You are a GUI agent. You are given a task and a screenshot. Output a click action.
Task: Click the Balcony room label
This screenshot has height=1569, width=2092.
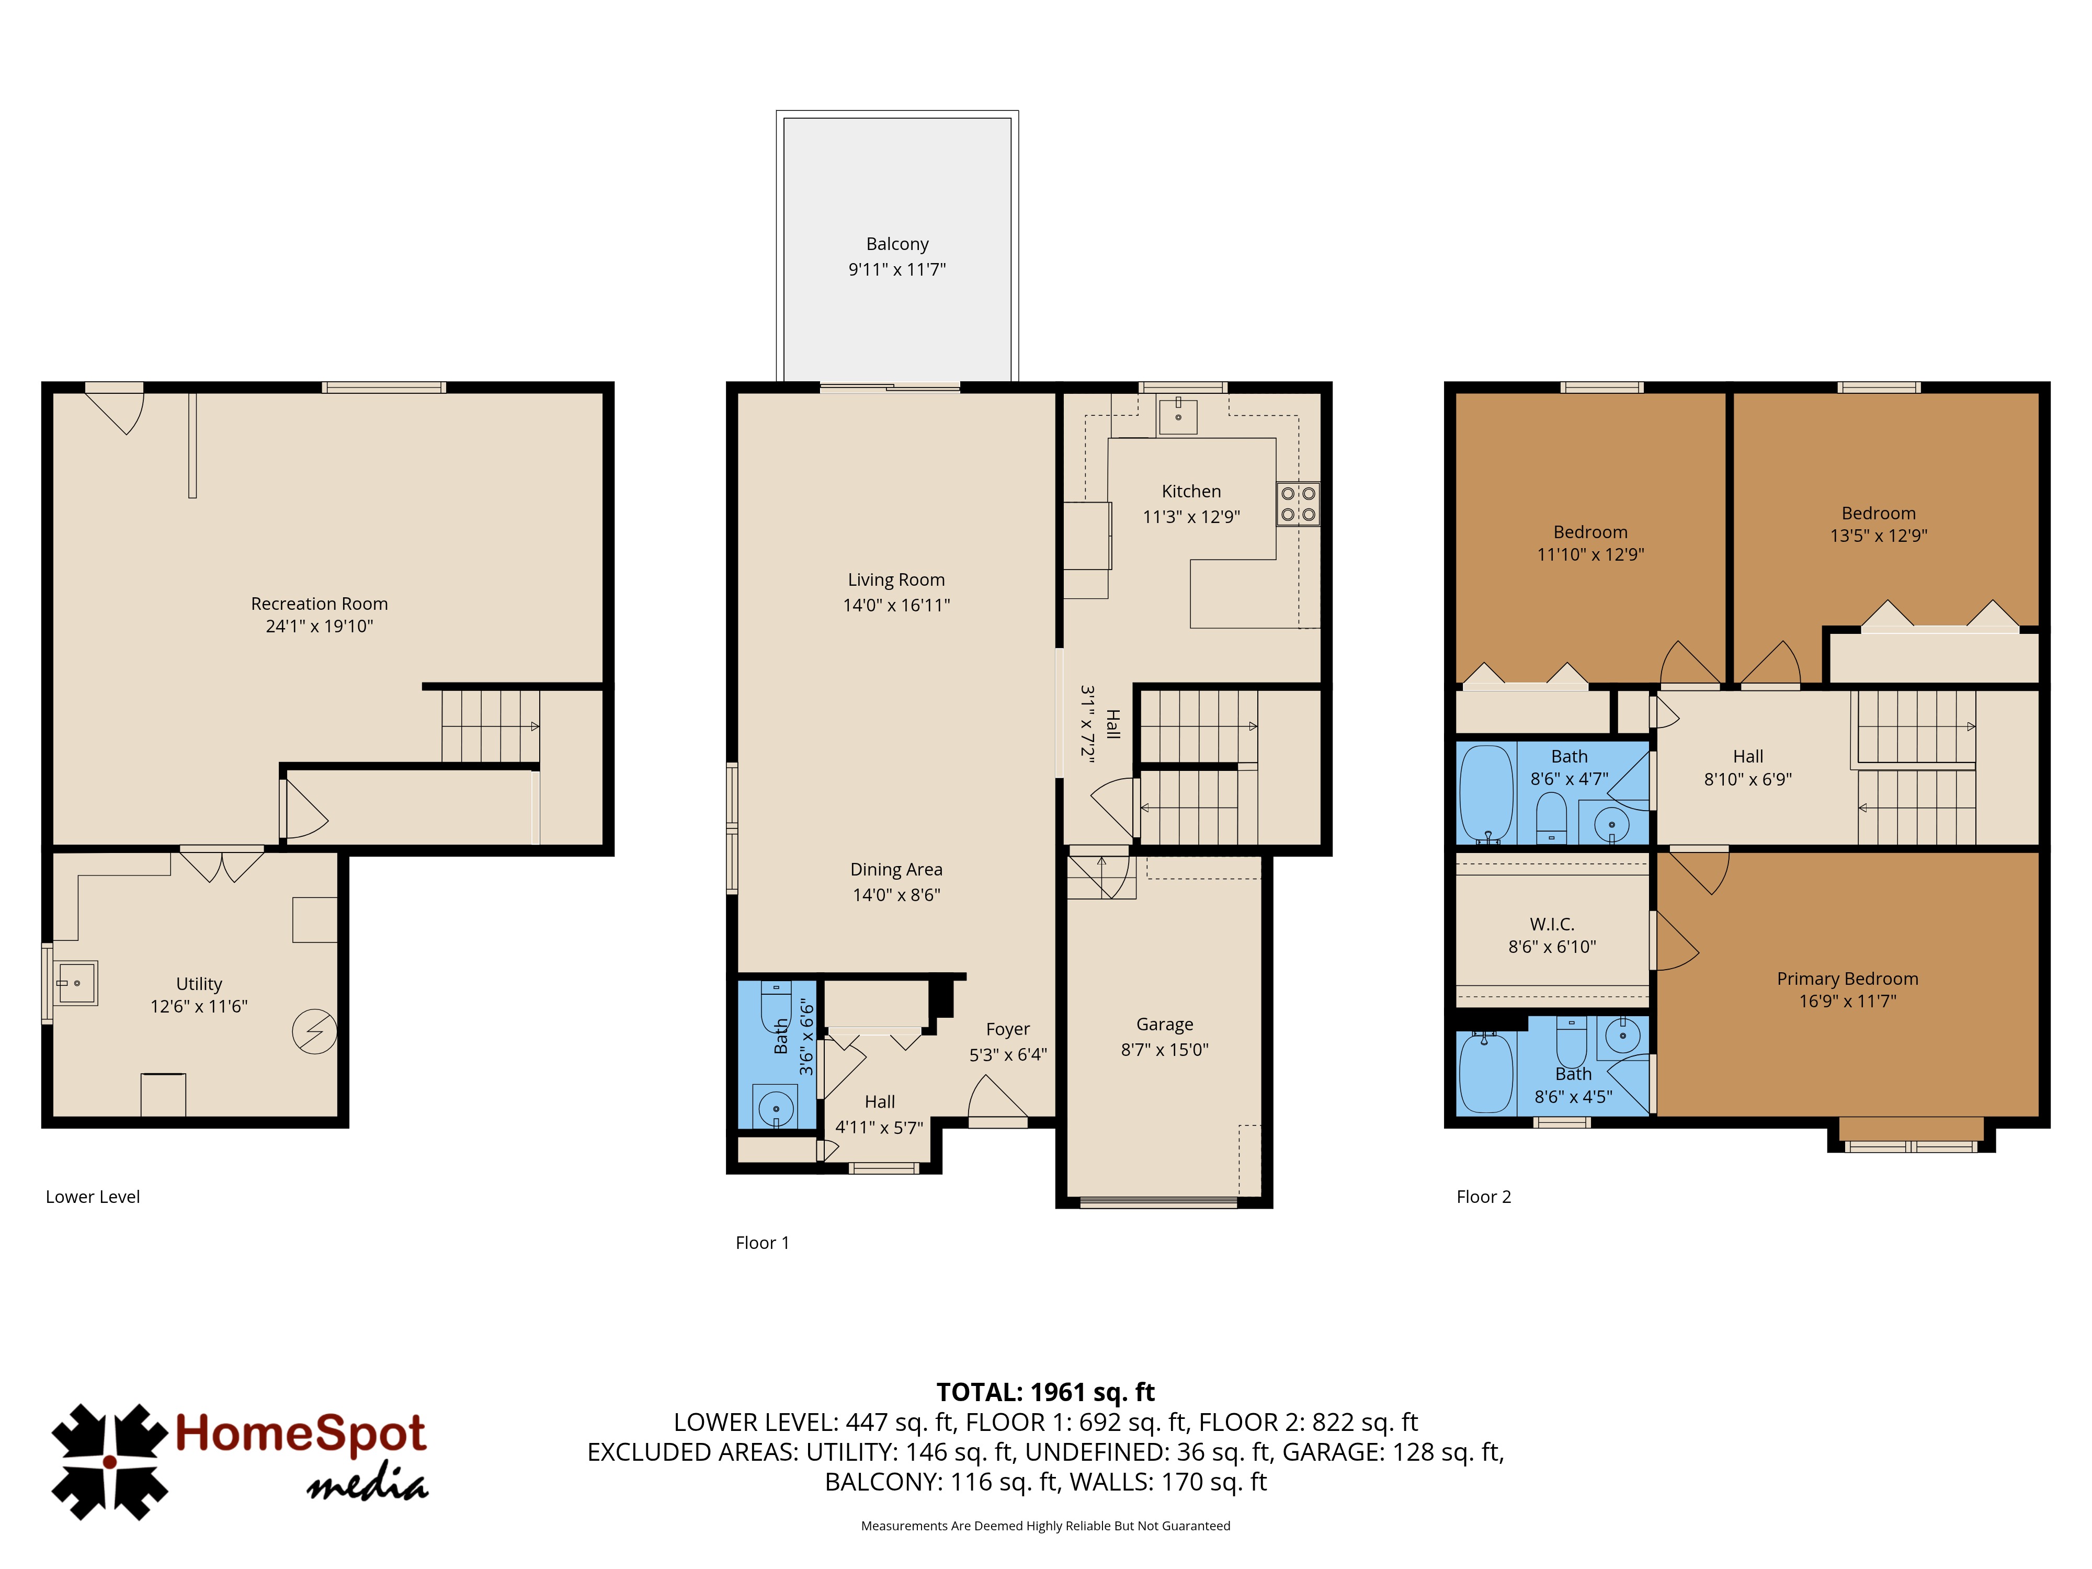pyautogui.click(x=896, y=244)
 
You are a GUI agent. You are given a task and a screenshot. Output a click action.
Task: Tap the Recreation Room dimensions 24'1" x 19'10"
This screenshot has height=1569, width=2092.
pyautogui.click(x=320, y=626)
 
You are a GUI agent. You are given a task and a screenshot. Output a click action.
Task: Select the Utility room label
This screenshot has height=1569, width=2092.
pyautogui.click(x=199, y=984)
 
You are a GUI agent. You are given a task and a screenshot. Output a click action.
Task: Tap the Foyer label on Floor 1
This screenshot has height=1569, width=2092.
pyautogui.click(x=1007, y=1029)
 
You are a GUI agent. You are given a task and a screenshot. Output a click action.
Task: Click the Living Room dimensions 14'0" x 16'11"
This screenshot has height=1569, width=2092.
pyautogui.click(x=896, y=605)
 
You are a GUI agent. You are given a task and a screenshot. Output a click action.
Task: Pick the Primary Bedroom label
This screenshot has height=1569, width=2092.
pyautogui.click(x=1847, y=979)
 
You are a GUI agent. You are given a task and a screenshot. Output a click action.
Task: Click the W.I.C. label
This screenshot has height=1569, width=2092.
pyautogui.click(x=1552, y=924)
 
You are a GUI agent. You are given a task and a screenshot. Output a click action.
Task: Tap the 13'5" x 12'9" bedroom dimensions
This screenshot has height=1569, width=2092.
pyautogui.click(x=1878, y=536)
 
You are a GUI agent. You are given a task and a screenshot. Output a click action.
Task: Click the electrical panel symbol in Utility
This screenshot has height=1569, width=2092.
pyautogui.click(x=314, y=1032)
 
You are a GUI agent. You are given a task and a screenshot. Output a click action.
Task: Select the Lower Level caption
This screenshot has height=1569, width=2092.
pyautogui.click(x=93, y=1197)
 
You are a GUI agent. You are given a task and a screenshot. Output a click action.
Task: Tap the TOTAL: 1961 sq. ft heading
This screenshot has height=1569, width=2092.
pyautogui.click(x=1045, y=1392)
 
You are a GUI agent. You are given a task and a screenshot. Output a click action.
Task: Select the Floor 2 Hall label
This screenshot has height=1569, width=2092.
pyautogui.click(x=1748, y=757)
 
